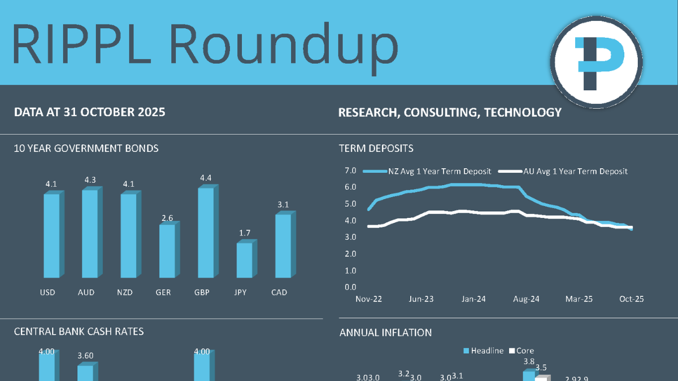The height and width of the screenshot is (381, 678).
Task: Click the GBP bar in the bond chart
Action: (x=206, y=233)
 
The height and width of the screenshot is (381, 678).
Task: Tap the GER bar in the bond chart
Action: (x=167, y=251)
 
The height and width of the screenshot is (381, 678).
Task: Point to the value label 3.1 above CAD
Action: (x=283, y=205)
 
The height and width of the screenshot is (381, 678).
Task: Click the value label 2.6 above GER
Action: (x=167, y=217)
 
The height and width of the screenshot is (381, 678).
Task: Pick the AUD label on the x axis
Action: (x=86, y=292)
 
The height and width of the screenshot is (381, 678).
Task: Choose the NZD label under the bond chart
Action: (x=125, y=292)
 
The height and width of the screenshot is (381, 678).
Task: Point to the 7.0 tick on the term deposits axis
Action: (x=350, y=170)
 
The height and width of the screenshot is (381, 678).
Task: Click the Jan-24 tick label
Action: (x=473, y=299)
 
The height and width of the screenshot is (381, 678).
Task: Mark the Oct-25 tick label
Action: (x=631, y=299)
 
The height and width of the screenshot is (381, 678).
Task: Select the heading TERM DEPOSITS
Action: (x=376, y=148)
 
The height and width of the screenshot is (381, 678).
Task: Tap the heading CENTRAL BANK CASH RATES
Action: (x=79, y=331)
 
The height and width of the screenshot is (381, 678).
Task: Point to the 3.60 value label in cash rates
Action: (x=85, y=356)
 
